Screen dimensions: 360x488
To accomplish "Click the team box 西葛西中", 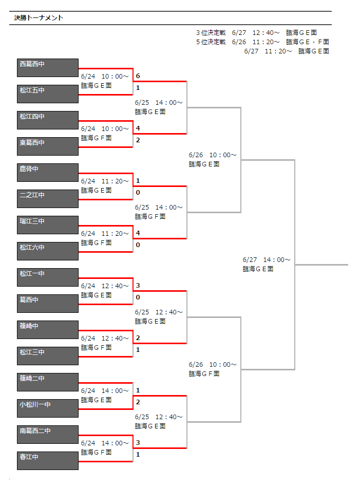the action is pos(48,67).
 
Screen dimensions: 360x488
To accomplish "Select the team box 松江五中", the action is pos(48,93).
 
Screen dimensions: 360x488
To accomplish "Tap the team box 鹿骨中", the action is pos(48,173).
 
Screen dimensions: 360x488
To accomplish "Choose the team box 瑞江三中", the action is pos(48,224).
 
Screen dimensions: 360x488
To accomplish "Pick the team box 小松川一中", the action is pos(48,408).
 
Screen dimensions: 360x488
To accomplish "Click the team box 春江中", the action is pos(48,461).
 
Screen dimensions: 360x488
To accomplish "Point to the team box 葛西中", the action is pos(48,304).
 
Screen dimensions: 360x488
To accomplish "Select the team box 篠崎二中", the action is pos(48,382).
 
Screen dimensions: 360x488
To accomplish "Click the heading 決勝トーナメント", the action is pos(39,18).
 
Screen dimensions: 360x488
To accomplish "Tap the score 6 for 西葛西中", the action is pos(138,76).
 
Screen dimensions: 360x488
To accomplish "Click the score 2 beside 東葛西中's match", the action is pos(138,140).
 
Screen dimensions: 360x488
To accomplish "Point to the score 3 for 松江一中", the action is pos(138,286).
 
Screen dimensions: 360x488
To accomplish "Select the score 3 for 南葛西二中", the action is pos(138,443).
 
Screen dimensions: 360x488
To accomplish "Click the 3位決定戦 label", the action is pos(211,33).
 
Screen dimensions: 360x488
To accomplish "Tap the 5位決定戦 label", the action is pos(211,42).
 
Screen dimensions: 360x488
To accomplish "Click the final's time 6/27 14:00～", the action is pos(267,259).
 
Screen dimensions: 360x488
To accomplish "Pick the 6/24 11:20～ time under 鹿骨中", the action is pos(105,181).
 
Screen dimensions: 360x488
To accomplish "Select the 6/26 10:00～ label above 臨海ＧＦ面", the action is pos(213,364).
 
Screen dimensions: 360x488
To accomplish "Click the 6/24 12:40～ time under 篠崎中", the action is pos(105,338).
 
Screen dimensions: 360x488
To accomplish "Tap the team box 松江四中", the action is pos(48,120).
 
